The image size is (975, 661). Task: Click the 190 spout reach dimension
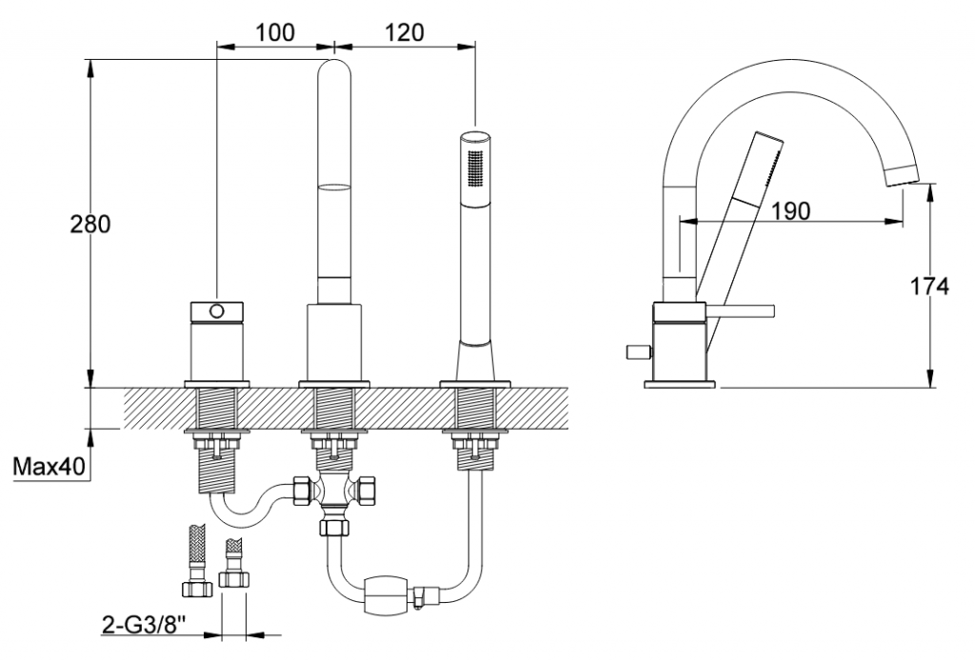[790, 210]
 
